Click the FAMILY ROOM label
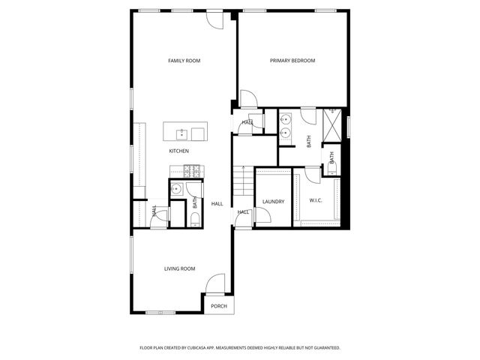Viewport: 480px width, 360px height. [x=184, y=61]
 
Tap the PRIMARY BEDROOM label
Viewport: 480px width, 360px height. [x=292, y=61]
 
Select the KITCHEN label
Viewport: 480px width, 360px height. [x=178, y=151]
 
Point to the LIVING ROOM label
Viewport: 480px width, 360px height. [x=180, y=268]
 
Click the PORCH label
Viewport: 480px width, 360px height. [x=218, y=306]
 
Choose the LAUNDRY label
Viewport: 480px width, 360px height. [x=272, y=201]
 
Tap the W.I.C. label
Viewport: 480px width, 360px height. [x=316, y=201]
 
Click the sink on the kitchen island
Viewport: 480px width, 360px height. [x=181, y=134]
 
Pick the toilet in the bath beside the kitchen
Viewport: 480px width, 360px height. [x=193, y=218]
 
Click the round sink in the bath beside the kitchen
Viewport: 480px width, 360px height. [x=178, y=188]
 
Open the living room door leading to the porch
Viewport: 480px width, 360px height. [x=215, y=283]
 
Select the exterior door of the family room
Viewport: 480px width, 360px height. [x=214, y=20]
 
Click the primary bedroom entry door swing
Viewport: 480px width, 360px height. [x=247, y=99]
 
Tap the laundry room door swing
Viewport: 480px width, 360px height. [x=262, y=216]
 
